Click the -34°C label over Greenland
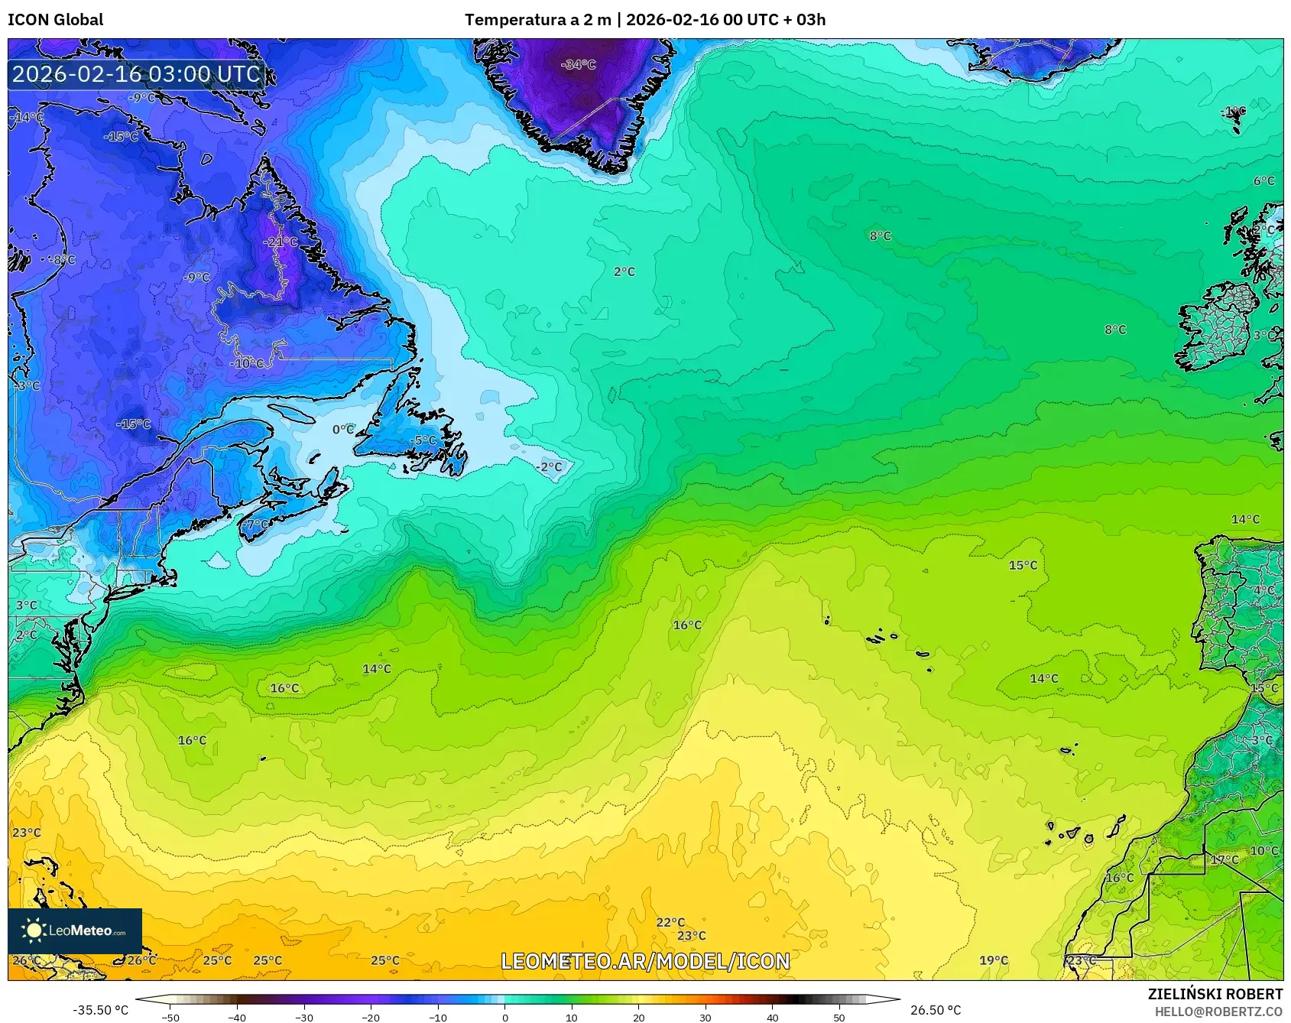578,65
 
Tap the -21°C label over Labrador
281,242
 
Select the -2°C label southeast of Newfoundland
548,466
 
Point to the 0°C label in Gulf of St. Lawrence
343,430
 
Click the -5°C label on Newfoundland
423,440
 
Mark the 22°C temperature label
670,922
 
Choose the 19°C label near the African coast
994,960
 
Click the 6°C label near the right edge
1263,181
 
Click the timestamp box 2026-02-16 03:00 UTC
136,74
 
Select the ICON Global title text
55,20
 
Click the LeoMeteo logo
75,930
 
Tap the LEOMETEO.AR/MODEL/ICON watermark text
645,961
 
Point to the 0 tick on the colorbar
504,1017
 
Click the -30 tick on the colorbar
304,1017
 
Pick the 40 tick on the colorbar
772,1017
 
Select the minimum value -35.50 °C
101,1010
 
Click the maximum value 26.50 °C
935,1010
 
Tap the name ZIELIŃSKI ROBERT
1215,994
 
